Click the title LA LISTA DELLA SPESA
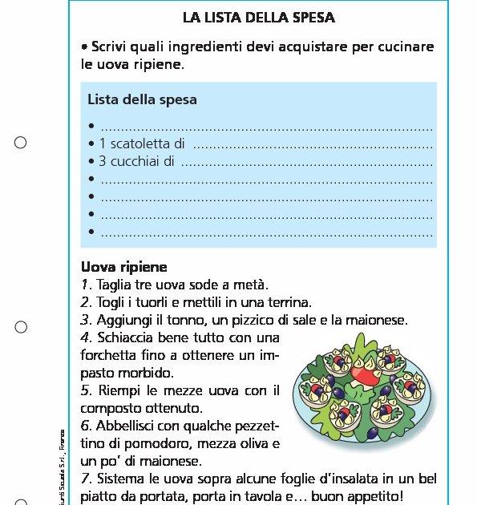[258, 17]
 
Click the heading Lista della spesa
[142, 100]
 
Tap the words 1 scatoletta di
[142, 144]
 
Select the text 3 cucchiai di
[136, 161]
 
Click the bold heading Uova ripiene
[124, 267]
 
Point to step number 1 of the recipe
[85, 285]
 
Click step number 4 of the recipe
[85, 337]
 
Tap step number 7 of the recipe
[85, 479]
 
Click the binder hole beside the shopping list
[21, 143]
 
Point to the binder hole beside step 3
[21, 327]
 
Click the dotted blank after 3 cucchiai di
[306, 163]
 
